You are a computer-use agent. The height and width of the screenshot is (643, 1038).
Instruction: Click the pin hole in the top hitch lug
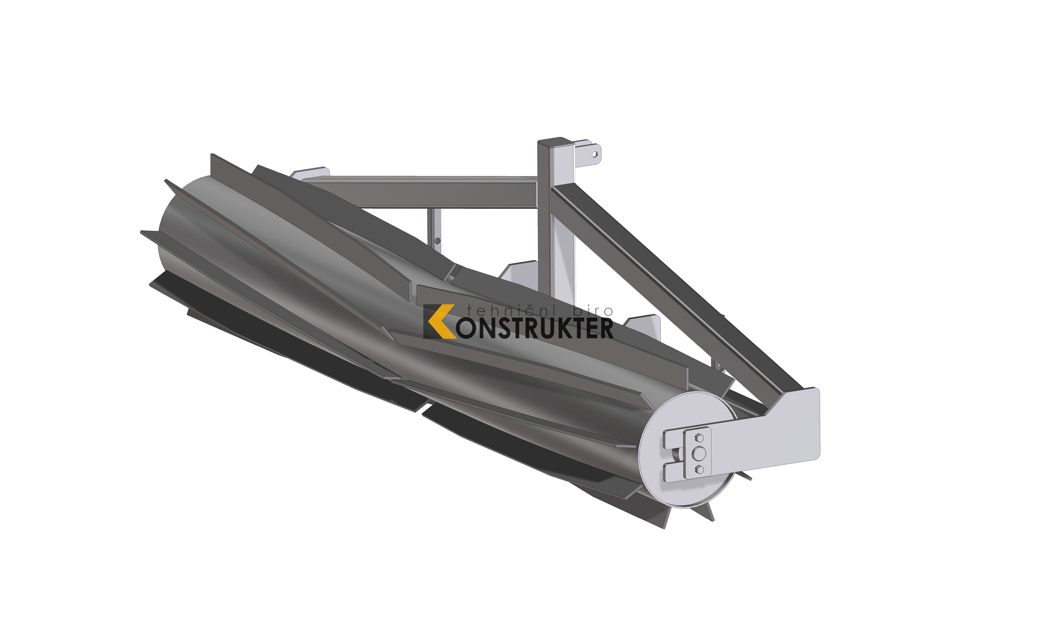(594, 154)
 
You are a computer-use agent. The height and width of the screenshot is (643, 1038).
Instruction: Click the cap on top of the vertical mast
(555, 142)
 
